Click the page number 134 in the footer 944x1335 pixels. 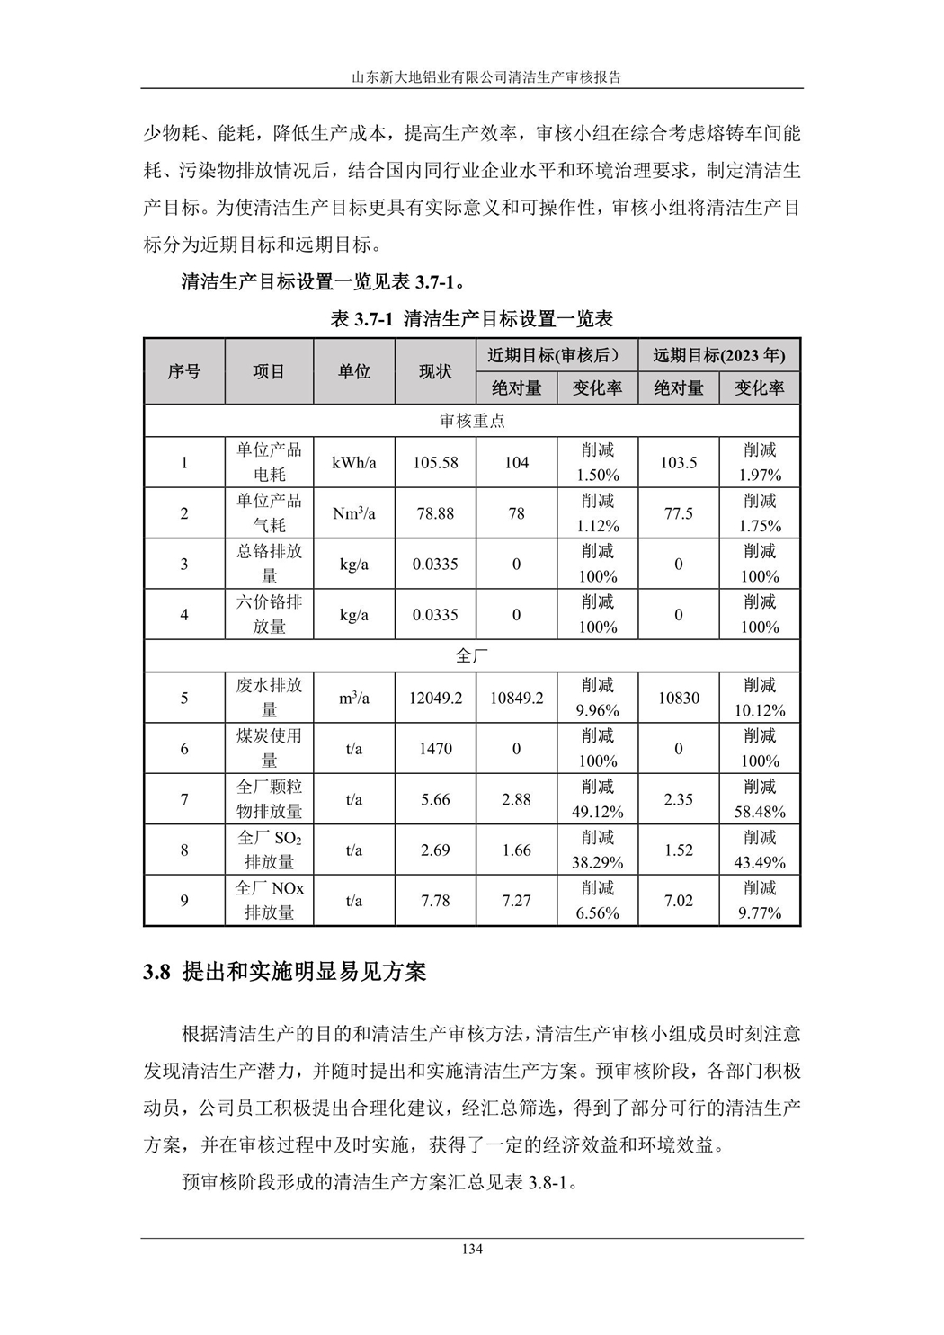click(x=472, y=1249)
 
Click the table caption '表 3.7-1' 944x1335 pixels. click(x=362, y=318)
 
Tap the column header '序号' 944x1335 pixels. click(x=184, y=371)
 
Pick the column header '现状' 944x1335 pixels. click(x=435, y=371)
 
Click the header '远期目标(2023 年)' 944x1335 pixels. click(x=718, y=355)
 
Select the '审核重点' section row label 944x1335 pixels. click(x=472, y=421)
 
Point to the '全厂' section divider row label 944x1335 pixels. click(x=472, y=656)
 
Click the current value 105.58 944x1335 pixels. click(x=435, y=463)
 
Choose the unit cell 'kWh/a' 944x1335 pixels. click(x=354, y=463)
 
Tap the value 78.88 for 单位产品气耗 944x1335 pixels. click(x=435, y=513)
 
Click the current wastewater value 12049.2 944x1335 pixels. click(x=435, y=698)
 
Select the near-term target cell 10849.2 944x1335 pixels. click(x=516, y=698)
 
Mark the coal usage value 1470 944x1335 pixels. click(x=435, y=748)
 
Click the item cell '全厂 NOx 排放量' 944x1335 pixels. click(x=269, y=900)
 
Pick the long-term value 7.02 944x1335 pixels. click(x=678, y=900)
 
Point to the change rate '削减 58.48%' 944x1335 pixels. click(x=760, y=799)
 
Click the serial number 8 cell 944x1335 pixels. click(x=184, y=850)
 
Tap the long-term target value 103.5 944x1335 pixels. click(x=678, y=463)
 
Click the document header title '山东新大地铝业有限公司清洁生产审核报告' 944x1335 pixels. click(x=472, y=77)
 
